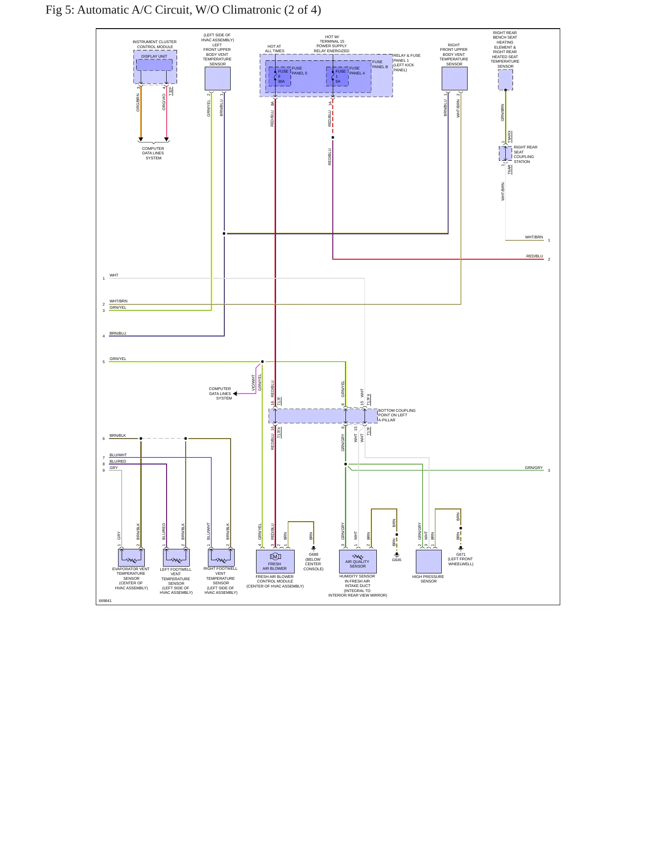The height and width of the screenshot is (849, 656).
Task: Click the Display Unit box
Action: (154, 64)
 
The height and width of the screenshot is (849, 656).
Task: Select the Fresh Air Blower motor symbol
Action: (275, 557)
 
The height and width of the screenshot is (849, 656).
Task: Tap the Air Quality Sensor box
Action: (358, 562)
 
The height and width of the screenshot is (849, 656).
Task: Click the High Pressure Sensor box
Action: (429, 562)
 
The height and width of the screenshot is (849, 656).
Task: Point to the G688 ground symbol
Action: (313, 548)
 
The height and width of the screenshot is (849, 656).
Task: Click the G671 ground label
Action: (461, 554)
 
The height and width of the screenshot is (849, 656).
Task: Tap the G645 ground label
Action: (397, 560)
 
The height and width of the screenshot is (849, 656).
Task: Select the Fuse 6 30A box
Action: (280, 76)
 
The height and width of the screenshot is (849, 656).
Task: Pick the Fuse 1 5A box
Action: (337, 76)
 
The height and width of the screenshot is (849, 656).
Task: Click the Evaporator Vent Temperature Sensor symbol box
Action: (131, 558)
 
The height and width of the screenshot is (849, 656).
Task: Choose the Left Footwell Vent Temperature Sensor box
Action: (176, 558)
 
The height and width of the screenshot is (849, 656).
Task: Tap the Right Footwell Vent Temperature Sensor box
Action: (221, 558)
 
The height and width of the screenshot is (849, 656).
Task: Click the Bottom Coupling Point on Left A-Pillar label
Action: (397, 415)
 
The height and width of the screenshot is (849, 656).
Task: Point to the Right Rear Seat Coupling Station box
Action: (505, 153)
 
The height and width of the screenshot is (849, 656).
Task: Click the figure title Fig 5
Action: (183, 10)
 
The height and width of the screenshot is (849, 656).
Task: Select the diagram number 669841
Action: (105, 601)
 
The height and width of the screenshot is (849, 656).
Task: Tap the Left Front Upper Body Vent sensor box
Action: (217, 79)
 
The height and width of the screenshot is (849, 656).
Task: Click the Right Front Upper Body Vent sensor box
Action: (454, 79)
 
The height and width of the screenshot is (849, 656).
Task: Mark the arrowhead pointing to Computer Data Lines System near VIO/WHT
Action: (235, 394)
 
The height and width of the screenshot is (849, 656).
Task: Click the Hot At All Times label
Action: (274, 49)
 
